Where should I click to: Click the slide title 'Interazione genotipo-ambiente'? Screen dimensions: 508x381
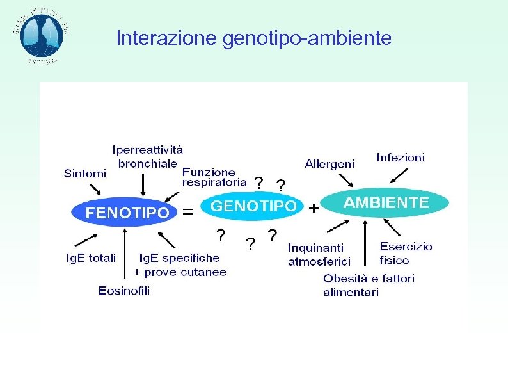click(253, 39)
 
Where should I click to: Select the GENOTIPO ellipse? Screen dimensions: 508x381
click(253, 206)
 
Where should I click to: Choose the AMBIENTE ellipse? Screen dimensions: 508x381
click(386, 203)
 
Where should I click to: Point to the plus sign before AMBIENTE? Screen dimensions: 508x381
click(314, 209)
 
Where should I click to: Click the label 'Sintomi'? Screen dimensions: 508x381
click(85, 173)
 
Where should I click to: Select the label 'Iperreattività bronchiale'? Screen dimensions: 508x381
click(147, 156)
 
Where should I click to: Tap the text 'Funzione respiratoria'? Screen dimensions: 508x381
click(214, 177)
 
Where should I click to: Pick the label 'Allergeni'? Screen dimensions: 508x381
click(329, 164)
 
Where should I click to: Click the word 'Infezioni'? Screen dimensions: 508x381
click(401, 157)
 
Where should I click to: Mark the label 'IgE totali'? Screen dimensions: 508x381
click(91, 258)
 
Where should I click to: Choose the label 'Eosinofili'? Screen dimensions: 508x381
click(124, 291)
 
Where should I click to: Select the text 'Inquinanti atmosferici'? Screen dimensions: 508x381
click(319, 254)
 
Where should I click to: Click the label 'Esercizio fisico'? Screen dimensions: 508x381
click(406, 253)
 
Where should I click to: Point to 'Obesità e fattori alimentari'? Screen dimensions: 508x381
click(369, 285)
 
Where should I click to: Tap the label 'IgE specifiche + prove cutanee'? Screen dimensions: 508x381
click(180, 264)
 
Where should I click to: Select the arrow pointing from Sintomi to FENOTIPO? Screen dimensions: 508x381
click(95, 190)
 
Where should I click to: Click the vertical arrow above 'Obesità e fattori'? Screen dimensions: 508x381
click(365, 243)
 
